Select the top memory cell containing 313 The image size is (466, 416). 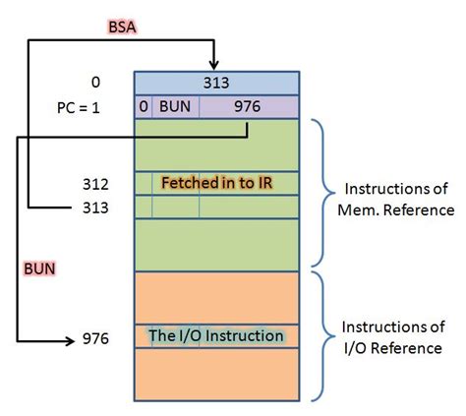coord(215,83)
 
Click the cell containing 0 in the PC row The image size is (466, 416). coord(143,105)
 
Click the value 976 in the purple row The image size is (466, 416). coord(247,105)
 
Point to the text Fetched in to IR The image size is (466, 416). coord(216,183)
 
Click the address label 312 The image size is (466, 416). coord(96,184)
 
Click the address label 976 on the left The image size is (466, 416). coord(96,339)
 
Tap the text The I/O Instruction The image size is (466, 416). coord(216,336)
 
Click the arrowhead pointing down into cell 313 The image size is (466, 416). coord(215,64)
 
